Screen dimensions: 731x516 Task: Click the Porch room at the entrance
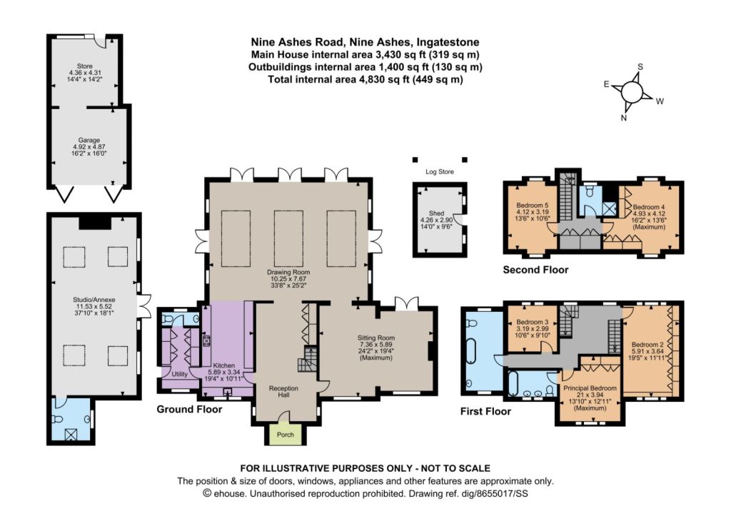(x=286, y=435)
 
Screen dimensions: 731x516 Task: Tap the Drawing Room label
(x=288, y=272)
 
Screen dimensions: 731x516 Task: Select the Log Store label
(x=439, y=171)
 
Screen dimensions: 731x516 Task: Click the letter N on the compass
(x=624, y=118)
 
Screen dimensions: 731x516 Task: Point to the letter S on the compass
(x=640, y=66)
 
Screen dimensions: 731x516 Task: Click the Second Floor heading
(x=535, y=270)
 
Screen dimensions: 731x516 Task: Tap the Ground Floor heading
(x=189, y=409)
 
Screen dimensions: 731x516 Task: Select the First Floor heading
(x=485, y=411)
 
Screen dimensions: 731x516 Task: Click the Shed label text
(x=436, y=213)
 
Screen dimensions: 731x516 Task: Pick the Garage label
(x=89, y=140)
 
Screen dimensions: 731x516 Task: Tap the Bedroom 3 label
(x=533, y=322)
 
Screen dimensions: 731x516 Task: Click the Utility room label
(x=179, y=374)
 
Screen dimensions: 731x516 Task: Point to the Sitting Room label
(x=376, y=338)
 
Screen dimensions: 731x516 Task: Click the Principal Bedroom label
(x=590, y=388)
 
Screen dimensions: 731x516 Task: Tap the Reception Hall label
(x=283, y=392)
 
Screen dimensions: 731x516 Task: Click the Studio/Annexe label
(x=94, y=300)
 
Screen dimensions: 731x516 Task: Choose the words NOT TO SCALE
(x=455, y=468)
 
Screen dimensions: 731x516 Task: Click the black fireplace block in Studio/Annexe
(x=95, y=223)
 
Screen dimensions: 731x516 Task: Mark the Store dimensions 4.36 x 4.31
(x=85, y=73)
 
